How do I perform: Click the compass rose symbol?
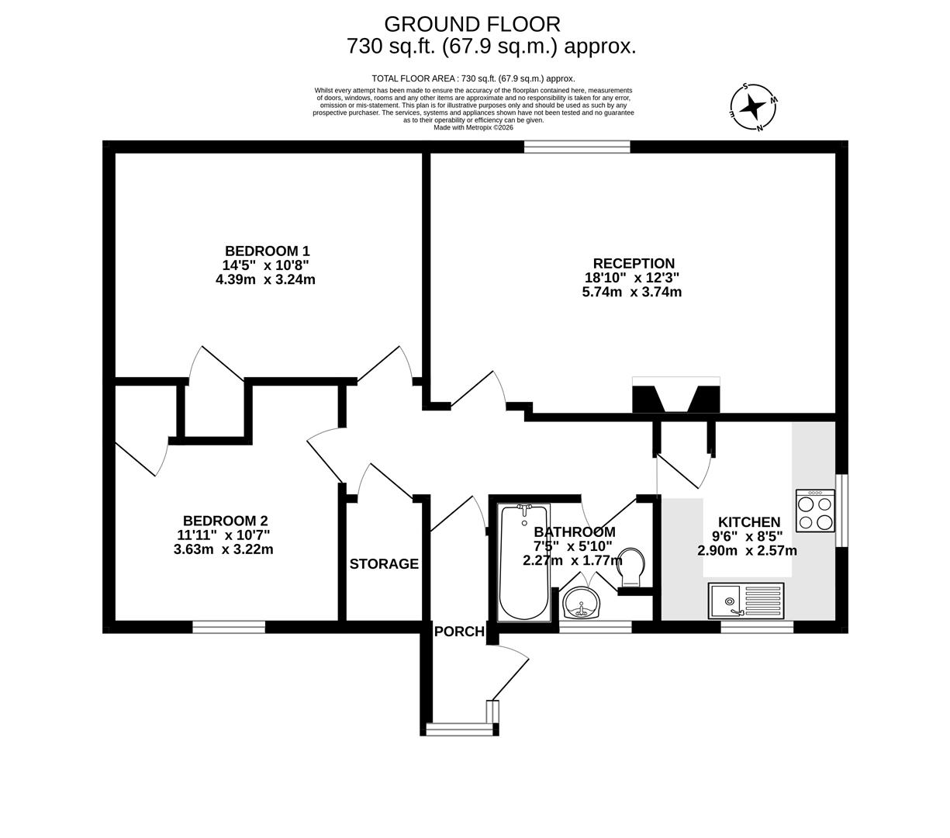(753, 107)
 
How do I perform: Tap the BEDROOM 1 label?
(267, 251)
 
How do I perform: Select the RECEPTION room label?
(634, 263)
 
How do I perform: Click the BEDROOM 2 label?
(225, 521)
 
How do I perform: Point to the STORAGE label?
(384, 564)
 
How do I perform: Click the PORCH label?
(459, 632)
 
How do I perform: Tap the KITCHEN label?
(748, 522)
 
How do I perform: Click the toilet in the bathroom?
(632, 567)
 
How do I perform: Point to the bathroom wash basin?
(580, 602)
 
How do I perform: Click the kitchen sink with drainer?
(745, 601)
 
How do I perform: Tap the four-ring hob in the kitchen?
(815, 511)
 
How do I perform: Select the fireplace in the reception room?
(675, 396)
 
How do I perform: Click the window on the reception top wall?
(577, 147)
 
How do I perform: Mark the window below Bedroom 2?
(229, 627)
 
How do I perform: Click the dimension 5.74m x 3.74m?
(631, 293)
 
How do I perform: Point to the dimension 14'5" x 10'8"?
(265, 265)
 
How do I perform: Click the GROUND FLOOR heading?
(472, 25)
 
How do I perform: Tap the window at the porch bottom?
(459, 729)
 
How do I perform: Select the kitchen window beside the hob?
(841, 511)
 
